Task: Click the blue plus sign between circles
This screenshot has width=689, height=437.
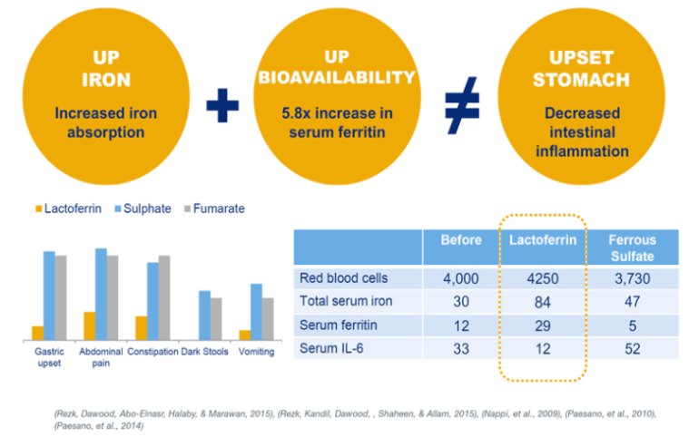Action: coord(221,106)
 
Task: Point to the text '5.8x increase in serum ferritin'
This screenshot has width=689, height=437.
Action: coord(336,125)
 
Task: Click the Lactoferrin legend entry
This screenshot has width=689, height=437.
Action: coord(69,209)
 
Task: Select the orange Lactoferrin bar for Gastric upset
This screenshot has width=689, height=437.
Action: coord(37,332)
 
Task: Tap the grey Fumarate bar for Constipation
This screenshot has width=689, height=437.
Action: coord(164,297)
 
